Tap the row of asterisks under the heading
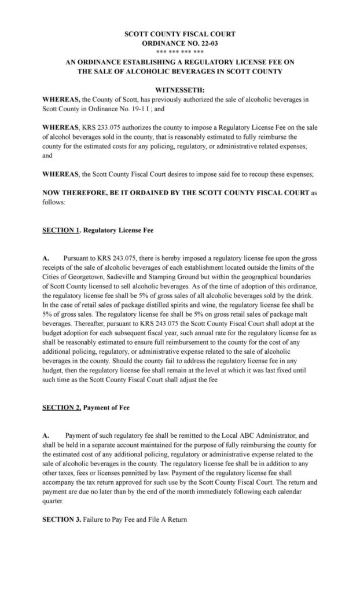[x=180, y=51]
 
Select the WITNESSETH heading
[x=180, y=90]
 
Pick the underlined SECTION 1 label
[x=61, y=230]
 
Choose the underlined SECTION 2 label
[x=61, y=407]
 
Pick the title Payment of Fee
[x=106, y=407]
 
